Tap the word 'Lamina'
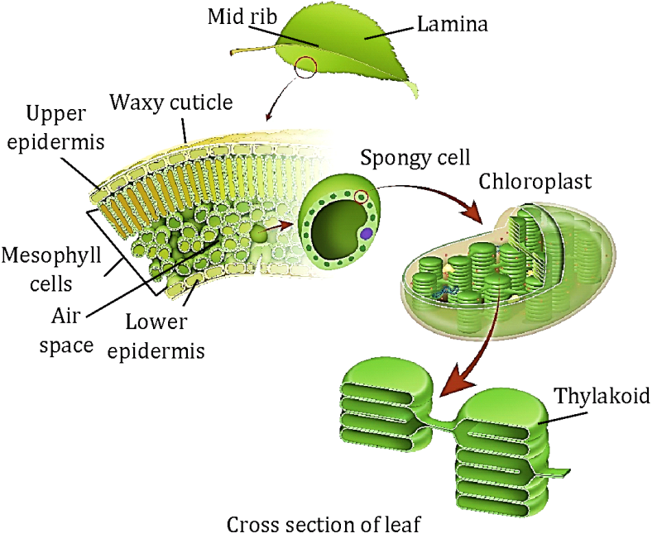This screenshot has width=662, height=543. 452,24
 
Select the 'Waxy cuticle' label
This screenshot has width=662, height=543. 171,103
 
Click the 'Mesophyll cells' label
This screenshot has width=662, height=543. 42,268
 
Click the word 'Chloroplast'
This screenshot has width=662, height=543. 535,181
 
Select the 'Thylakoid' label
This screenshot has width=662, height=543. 601,396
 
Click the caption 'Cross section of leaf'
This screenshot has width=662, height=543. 324,526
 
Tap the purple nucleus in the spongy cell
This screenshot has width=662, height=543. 365,236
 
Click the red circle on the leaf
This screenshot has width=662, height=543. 306,66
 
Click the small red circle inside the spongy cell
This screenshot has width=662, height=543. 361,197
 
